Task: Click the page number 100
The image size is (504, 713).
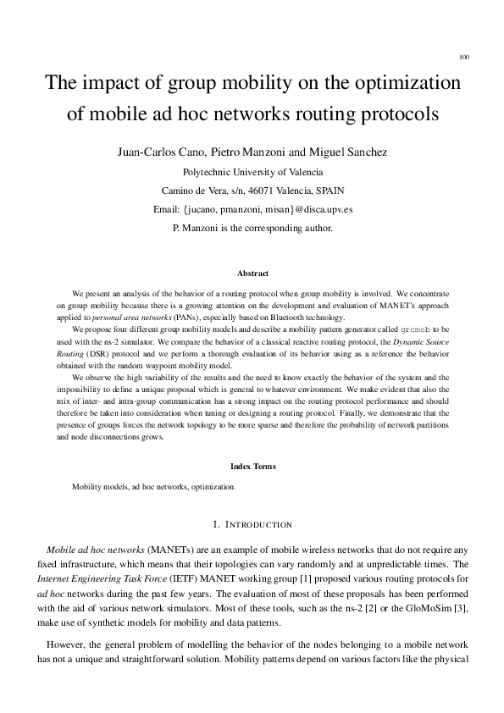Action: point(463,58)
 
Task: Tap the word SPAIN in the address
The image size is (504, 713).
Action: point(327,190)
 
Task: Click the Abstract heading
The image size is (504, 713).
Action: point(252,274)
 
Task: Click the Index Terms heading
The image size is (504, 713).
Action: point(252,466)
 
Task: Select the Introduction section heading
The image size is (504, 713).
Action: point(252,525)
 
